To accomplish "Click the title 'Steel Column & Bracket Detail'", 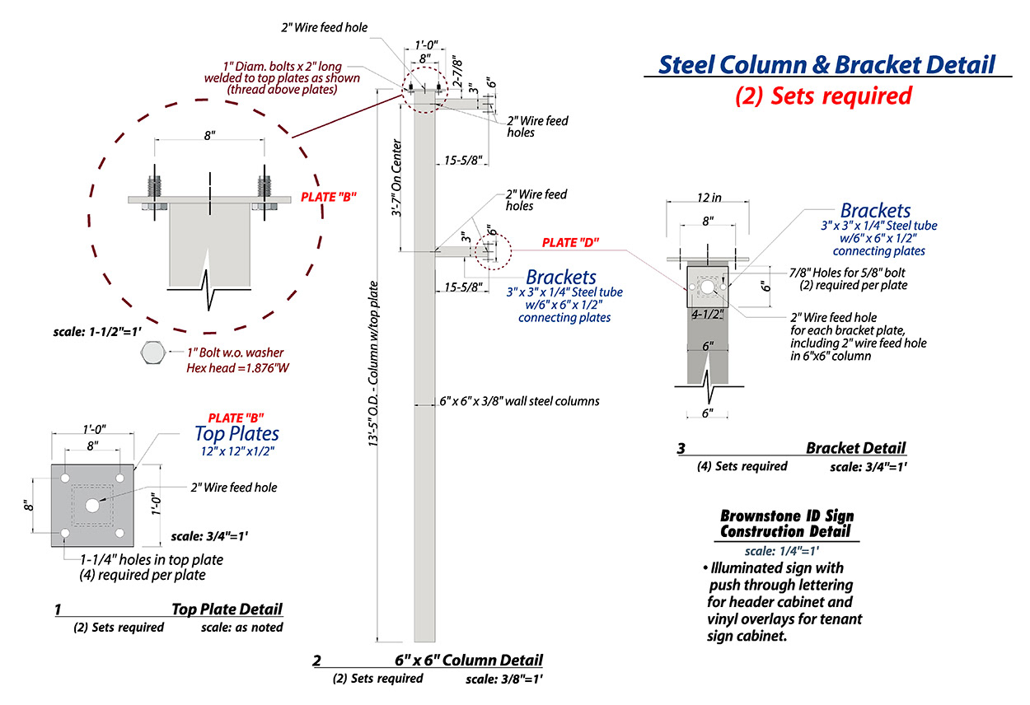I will click(826, 64).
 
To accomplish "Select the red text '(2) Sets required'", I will click(823, 96).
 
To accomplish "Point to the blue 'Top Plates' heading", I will click(236, 433).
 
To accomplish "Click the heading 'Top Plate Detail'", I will click(227, 609).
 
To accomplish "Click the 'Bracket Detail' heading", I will click(855, 448).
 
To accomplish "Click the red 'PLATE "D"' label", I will click(570, 243).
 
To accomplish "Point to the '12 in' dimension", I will click(708, 198).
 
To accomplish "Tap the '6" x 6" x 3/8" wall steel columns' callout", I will click(519, 401).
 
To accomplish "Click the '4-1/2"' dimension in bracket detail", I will click(707, 314).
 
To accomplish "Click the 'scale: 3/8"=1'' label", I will click(503, 679).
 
